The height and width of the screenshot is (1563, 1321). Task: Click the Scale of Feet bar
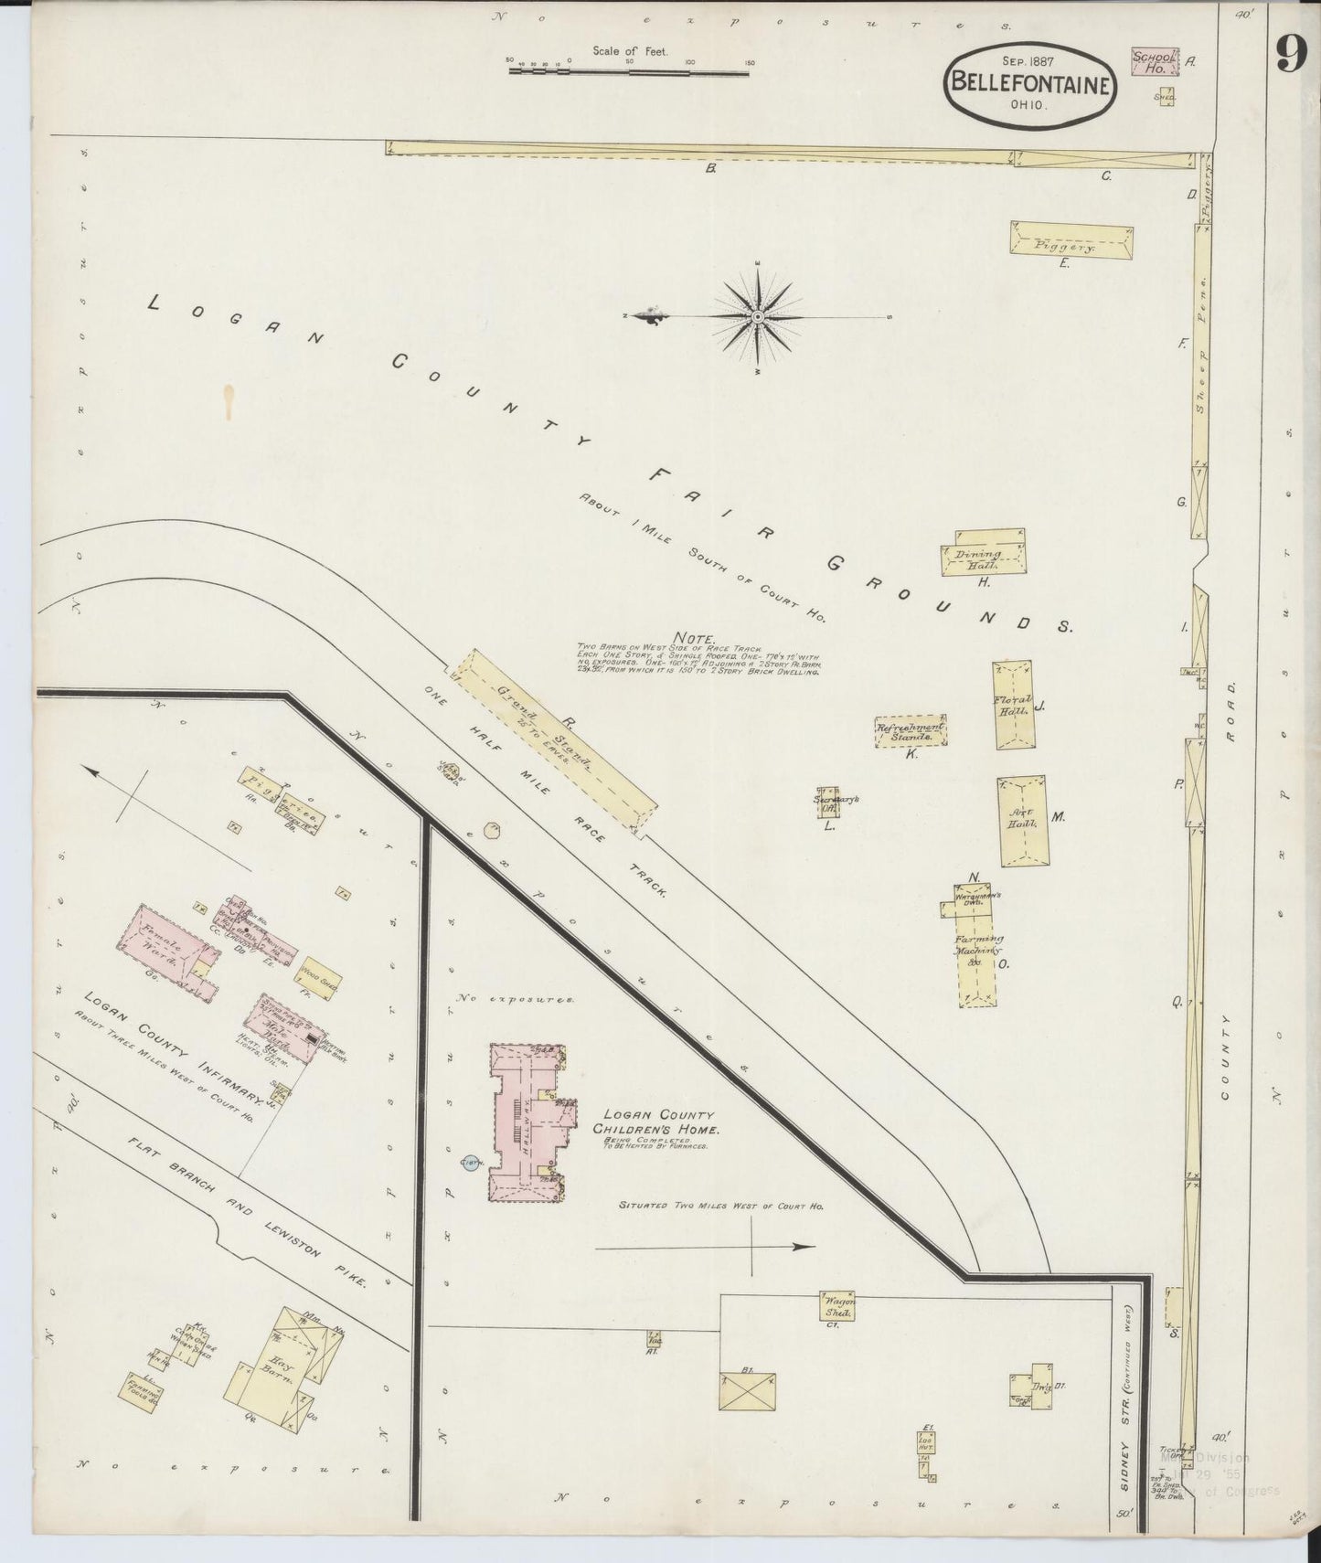(630, 65)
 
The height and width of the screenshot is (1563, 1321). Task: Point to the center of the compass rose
(758, 316)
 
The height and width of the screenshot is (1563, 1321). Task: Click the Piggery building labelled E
(1071, 240)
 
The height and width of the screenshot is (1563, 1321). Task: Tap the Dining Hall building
(983, 554)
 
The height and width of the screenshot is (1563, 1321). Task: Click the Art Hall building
(1023, 820)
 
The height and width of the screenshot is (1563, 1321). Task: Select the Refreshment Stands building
(910, 731)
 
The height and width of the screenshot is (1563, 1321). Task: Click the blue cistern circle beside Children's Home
(472, 1163)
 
